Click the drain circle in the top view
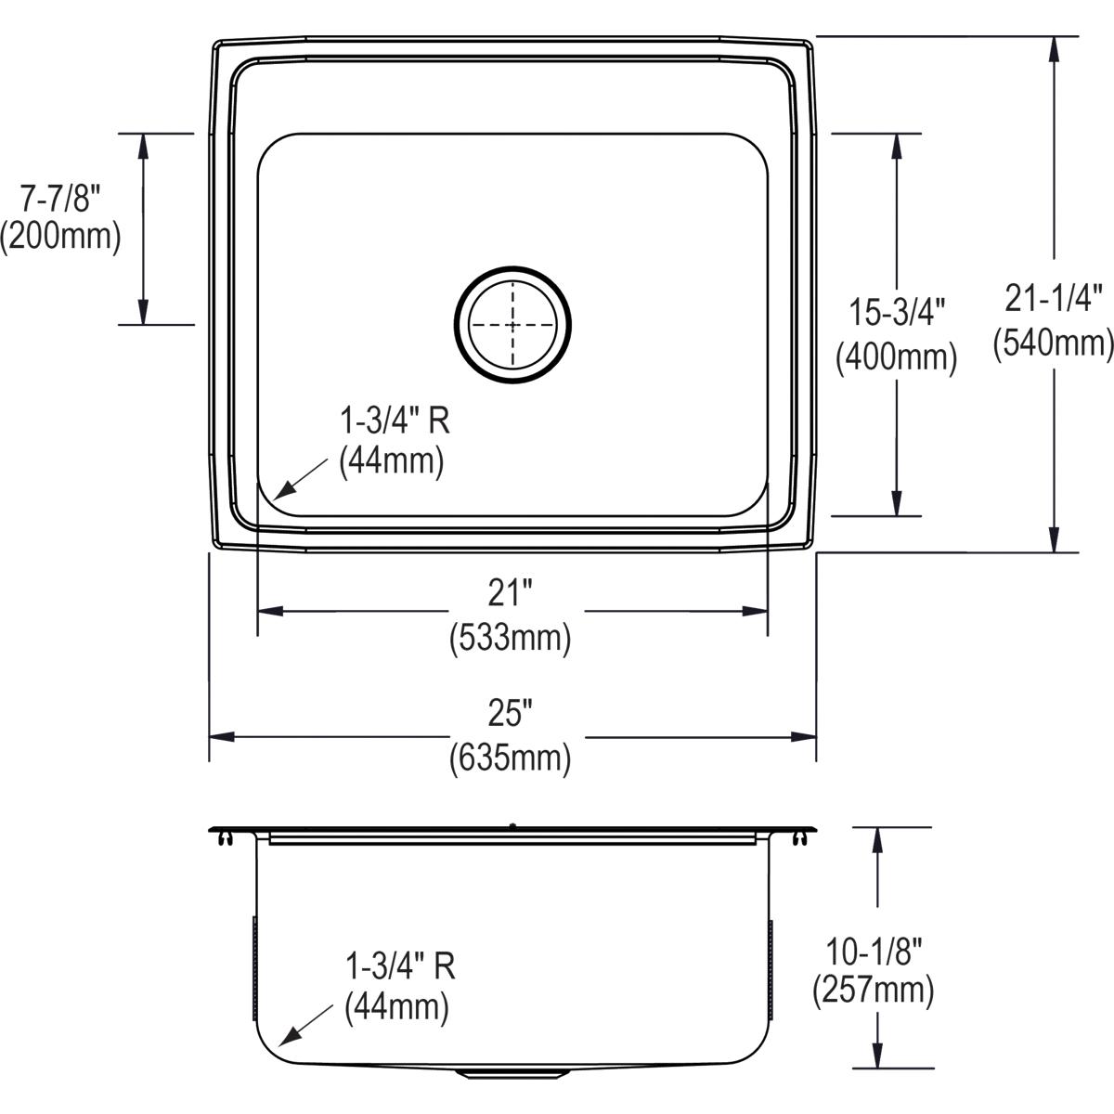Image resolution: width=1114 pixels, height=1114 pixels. tap(512, 326)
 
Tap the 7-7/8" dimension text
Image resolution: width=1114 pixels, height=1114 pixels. tap(60, 198)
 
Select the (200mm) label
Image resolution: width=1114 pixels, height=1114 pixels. tap(60, 238)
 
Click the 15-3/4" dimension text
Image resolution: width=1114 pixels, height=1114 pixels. tap(897, 312)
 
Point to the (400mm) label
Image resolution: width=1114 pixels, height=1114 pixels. tap(897, 356)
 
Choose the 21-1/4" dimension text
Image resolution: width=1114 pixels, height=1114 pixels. tap(1054, 298)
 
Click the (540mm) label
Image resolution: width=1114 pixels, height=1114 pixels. tap(1054, 343)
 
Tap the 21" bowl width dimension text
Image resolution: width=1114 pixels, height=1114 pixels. tap(510, 594)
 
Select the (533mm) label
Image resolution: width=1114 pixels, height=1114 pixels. tap(510, 639)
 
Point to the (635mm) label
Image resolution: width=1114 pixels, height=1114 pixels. tap(510, 758)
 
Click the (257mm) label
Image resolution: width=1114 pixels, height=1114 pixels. tap(873, 991)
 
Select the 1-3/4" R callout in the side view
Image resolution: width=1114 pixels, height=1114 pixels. tap(400, 967)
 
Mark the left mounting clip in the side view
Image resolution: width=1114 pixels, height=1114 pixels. tap(224, 838)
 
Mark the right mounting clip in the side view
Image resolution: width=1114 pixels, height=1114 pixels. tap(800, 838)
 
